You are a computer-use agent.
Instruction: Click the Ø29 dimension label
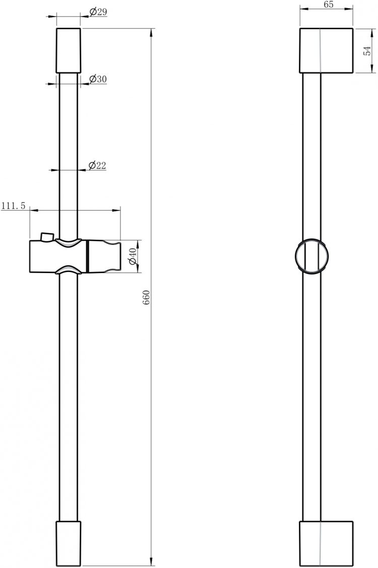98,12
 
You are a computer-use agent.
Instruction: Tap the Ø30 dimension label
98,79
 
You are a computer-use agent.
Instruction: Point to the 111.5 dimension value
14,206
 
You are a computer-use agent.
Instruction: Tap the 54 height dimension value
367,50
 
